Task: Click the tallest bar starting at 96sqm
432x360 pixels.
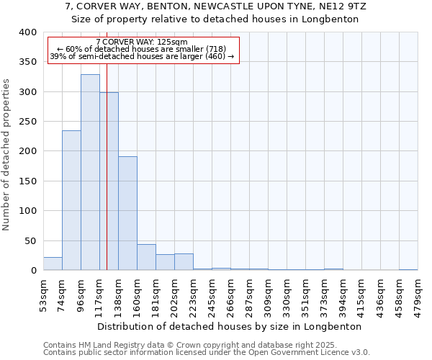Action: pos(90,173)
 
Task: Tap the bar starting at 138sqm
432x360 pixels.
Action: pos(127,213)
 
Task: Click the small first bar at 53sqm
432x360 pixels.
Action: pos(53,264)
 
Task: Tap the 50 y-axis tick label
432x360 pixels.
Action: pos(30,240)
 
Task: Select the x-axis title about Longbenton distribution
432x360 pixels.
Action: pos(229,326)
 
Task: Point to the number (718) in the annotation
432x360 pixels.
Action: pos(215,49)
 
